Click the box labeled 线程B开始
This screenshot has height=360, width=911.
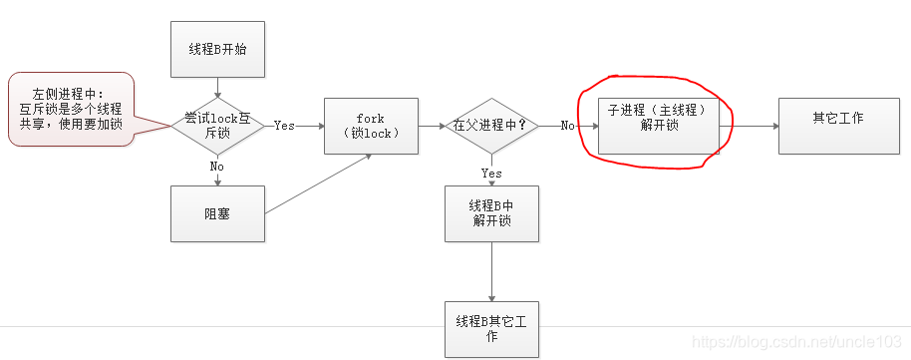(x=217, y=49)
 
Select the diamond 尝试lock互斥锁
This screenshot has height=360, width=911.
(x=217, y=126)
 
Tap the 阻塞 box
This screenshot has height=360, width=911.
(x=217, y=213)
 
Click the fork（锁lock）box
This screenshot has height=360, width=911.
(x=370, y=126)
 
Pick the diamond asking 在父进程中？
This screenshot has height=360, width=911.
(x=490, y=126)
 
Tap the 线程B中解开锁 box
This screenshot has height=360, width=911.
(x=491, y=212)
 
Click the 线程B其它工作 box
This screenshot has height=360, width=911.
(x=491, y=328)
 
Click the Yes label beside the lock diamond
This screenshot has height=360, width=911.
(x=284, y=126)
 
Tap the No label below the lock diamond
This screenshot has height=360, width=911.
(x=216, y=166)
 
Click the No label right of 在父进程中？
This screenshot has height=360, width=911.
(x=567, y=126)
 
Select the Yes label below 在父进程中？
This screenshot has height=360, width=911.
(x=491, y=173)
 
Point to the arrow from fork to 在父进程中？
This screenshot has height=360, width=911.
(x=430, y=126)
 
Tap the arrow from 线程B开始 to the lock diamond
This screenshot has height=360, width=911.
(x=217, y=88)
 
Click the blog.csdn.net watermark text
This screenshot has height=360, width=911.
(x=797, y=342)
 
